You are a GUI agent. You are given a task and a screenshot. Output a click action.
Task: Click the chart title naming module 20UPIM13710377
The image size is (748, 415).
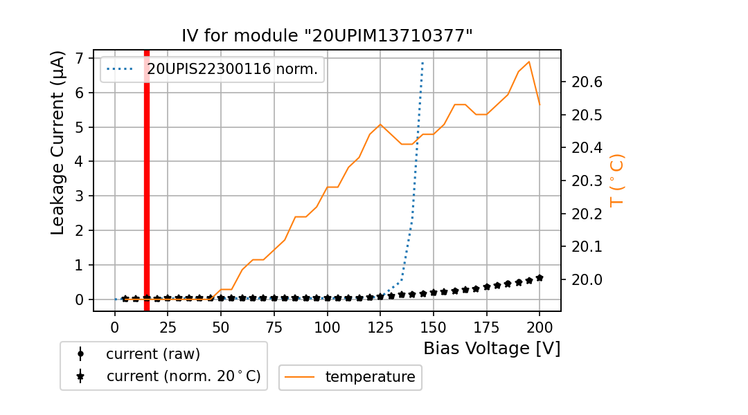point(327,36)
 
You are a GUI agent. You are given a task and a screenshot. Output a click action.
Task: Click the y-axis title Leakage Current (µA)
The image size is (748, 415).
point(58,143)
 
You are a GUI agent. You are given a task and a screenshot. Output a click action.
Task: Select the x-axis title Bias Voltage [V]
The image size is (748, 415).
point(492,349)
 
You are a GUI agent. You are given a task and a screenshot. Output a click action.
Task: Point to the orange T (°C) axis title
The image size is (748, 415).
point(617,180)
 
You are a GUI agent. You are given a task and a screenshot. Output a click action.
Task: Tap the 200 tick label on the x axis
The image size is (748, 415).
point(540,326)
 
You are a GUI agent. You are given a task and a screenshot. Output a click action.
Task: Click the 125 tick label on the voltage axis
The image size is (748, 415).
point(380,326)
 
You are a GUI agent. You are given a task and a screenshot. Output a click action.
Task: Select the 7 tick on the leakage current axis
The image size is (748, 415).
point(80,58)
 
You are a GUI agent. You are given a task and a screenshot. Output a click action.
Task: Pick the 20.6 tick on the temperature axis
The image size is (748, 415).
point(586,82)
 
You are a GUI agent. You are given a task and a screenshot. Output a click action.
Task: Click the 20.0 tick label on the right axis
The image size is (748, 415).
point(586,280)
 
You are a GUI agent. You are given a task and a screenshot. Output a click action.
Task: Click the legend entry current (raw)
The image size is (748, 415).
point(152,354)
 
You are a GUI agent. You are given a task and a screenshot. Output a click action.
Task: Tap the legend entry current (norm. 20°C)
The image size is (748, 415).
point(183,376)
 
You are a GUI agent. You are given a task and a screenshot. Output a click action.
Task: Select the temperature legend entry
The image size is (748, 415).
point(370,377)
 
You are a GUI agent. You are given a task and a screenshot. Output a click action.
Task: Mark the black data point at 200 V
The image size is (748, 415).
point(540,277)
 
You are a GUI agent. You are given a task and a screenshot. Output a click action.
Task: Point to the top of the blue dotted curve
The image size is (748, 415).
point(422,63)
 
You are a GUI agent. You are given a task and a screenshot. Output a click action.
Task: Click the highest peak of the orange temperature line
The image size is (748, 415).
point(529,62)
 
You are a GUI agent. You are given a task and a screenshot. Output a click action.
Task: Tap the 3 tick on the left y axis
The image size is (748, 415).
point(80,196)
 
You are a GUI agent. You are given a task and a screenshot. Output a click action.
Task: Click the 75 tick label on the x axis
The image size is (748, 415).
point(274,326)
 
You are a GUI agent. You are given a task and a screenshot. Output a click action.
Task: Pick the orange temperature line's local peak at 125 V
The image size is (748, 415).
point(380,124)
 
